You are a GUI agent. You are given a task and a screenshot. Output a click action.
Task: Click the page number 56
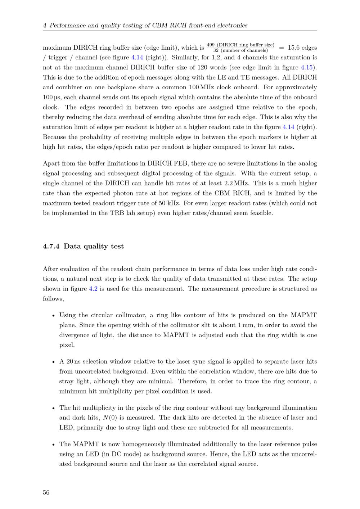[46, 493]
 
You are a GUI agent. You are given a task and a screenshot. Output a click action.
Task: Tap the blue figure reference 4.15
[307, 67]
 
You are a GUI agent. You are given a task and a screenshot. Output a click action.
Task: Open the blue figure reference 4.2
[93, 289]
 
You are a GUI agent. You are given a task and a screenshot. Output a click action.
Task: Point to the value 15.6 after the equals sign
[294, 48]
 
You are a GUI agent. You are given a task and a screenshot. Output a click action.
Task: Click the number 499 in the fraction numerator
[211, 45]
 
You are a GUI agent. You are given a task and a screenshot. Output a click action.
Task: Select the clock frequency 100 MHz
[203, 87]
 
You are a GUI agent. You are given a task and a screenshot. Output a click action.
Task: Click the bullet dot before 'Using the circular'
[53, 316]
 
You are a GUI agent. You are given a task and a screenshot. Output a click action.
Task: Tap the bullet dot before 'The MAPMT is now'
[53, 445]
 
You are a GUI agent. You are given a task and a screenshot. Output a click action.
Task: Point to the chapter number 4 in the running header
[45, 26]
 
